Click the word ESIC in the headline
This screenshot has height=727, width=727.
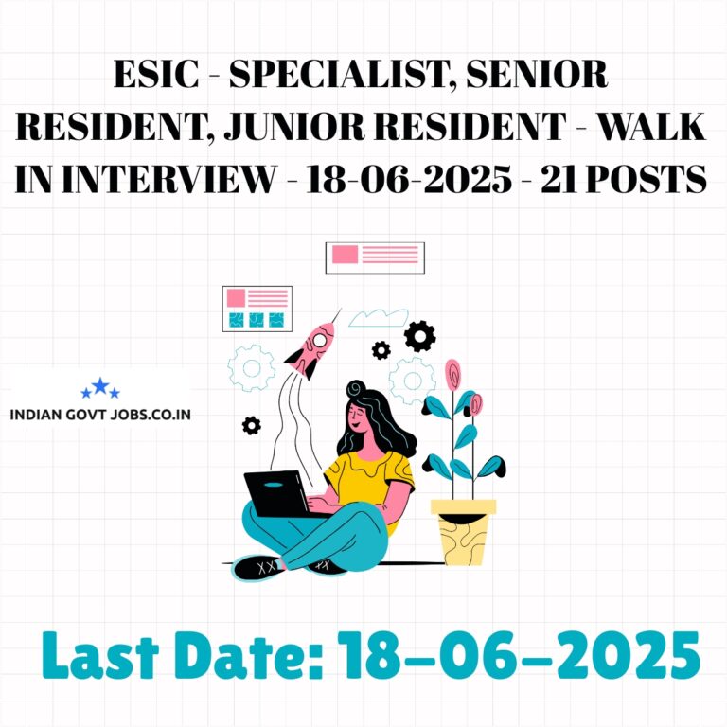(x=156, y=74)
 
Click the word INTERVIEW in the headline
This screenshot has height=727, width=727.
(x=168, y=179)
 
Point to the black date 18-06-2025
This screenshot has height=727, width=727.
(x=409, y=179)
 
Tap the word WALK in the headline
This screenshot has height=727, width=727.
(x=650, y=126)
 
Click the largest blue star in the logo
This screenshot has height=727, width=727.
(x=100, y=386)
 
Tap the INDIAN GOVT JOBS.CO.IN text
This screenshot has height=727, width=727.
(x=100, y=414)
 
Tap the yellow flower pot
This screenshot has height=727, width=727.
(x=463, y=532)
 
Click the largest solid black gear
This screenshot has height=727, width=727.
(x=419, y=336)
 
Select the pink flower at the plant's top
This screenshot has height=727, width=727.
(x=452, y=374)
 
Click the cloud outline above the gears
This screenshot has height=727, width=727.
(x=379, y=318)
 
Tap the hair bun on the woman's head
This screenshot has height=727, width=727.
(x=356, y=388)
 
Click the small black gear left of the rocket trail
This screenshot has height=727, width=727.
(x=251, y=425)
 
